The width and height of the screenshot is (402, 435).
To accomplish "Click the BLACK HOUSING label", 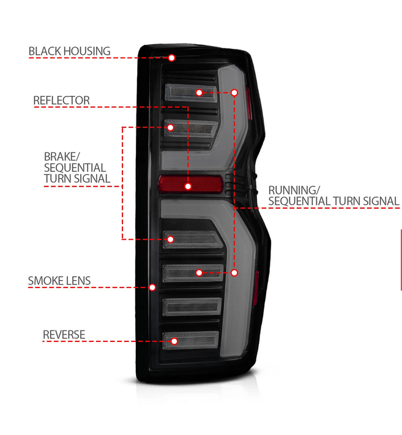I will pyautogui.click(x=69, y=51).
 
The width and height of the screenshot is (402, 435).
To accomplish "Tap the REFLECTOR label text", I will pyautogui.click(x=61, y=100).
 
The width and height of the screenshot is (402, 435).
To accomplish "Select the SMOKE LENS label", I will pyautogui.click(x=59, y=281).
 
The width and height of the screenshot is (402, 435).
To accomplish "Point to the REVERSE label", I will pyautogui.click(x=64, y=335).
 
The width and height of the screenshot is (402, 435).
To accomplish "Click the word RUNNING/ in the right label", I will pyautogui.click(x=294, y=189).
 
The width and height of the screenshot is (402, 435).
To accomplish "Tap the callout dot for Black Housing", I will pyautogui.click(x=172, y=58).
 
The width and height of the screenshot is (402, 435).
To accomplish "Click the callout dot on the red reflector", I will pyautogui.click(x=188, y=185).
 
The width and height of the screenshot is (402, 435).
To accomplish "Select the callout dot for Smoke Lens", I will pyautogui.click(x=152, y=286).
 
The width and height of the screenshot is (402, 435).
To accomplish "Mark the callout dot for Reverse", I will pyautogui.click(x=174, y=341).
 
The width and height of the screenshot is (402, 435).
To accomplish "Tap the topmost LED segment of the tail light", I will pyautogui.click(x=191, y=92).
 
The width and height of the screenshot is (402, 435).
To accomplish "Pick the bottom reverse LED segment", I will pyautogui.click(x=191, y=339).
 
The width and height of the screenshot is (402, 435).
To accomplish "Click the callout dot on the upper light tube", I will pyautogui.click(x=234, y=92).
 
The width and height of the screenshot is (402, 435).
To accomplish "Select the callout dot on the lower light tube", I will pyautogui.click(x=235, y=272).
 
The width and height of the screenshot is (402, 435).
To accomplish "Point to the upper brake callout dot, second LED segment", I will pyautogui.click(x=170, y=127).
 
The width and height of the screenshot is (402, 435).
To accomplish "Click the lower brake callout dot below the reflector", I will pyautogui.click(x=171, y=239).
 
